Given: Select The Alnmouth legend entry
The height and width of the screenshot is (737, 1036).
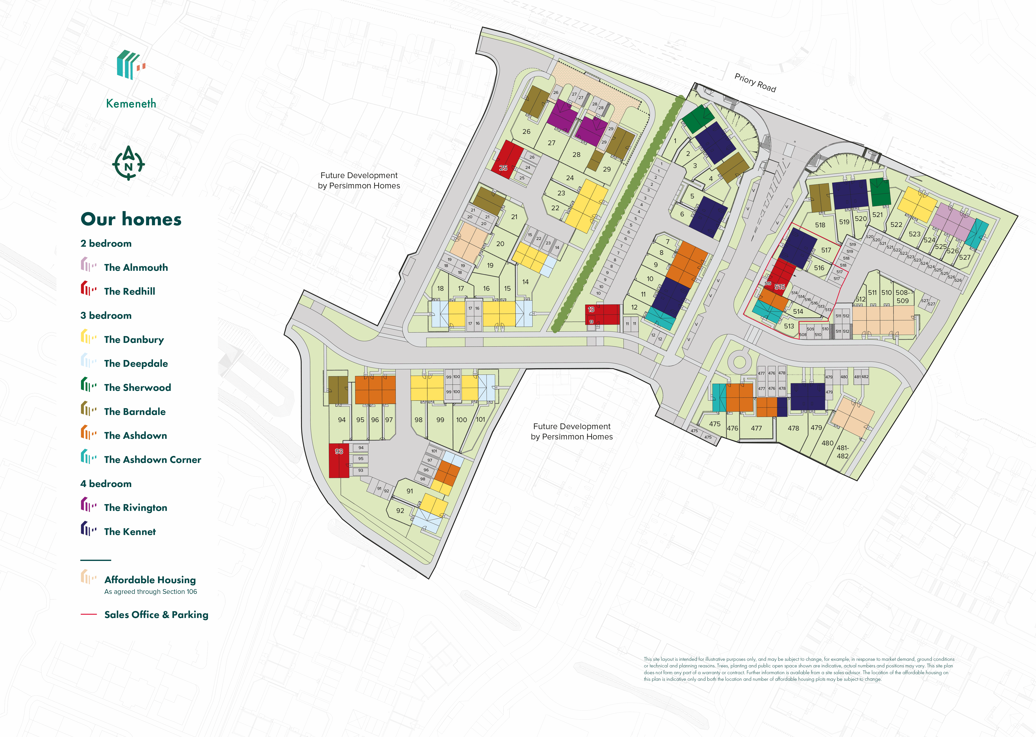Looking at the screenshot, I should point(136,267).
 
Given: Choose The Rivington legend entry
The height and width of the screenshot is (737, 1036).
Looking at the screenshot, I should point(135,507).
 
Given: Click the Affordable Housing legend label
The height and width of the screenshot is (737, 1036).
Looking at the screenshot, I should point(150,579).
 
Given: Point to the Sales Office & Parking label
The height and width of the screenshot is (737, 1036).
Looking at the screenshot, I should point(156,614).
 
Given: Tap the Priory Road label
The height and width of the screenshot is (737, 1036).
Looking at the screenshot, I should point(755,83).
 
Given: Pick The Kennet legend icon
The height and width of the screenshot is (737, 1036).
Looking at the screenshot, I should point(88,529).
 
